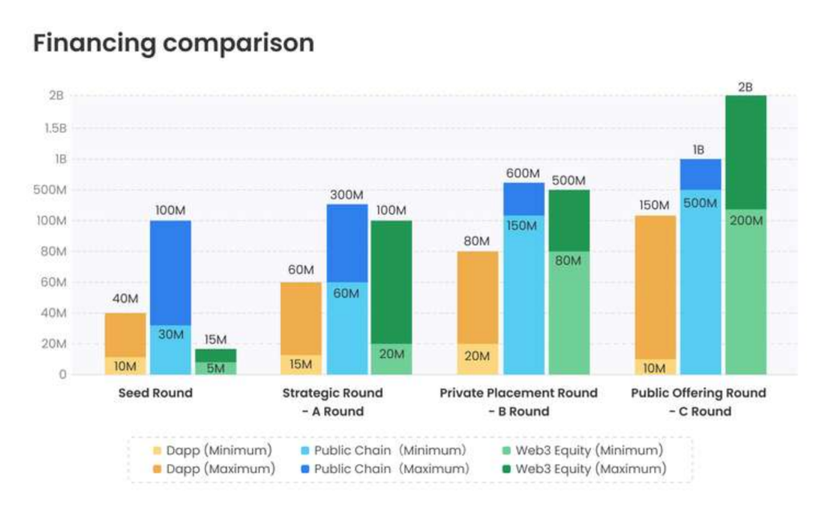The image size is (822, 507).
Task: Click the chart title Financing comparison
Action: tap(173, 43)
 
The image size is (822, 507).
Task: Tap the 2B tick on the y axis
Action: tap(55, 96)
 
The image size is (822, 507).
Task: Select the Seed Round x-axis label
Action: tap(156, 393)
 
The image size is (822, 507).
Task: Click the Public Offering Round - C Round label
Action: tap(698, 402)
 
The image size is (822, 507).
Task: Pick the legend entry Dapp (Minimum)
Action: tap(212, 450)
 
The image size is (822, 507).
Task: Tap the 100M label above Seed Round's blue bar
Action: tap(171, 210)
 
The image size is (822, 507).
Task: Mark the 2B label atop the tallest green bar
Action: tap(745, 86)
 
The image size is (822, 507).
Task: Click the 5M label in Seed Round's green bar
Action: tap(215, 369)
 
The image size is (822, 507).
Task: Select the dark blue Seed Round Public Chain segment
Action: tap(171, 273)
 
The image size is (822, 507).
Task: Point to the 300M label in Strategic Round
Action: tap(347, 194)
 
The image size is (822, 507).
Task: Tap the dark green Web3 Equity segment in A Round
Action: tap(391, 282)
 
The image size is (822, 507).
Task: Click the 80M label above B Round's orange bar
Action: tap(478, 241)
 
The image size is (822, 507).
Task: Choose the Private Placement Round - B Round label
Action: tap(519, 402)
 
